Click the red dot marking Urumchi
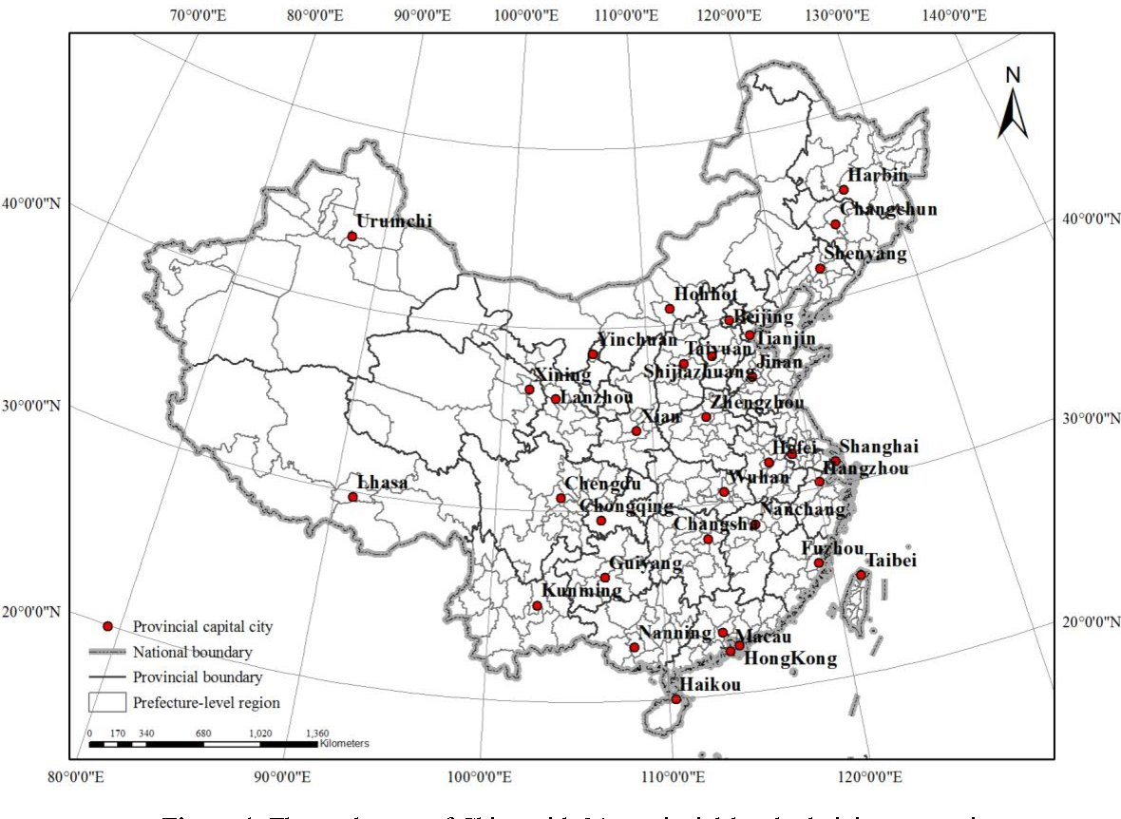[352, 237]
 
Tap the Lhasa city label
[382, 483]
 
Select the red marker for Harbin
[844, 190]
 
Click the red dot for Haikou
[676, 699]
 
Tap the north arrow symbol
[1013, 114]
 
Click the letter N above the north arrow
[1013, 75]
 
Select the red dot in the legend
[107, 626]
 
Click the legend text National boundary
[193, 652]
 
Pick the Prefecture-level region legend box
[107, 702]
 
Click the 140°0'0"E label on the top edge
[952, 14]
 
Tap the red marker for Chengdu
[560, 498]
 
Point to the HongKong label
[789, 658]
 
